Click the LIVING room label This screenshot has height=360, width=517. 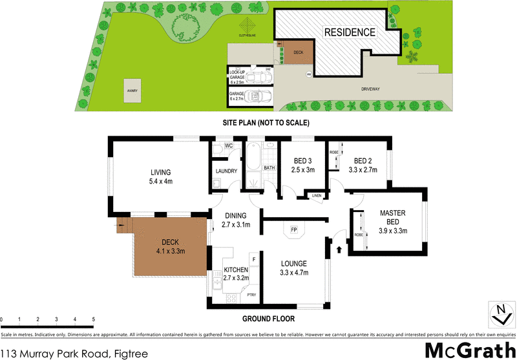[x=161, y=173]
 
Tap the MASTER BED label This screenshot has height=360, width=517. [x=392, y=217]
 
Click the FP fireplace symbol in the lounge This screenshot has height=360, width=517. [x=293, y=229]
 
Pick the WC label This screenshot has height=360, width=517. [x=228, y=146]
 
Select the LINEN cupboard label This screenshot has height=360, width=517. [x=316, y=195]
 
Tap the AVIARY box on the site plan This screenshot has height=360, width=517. [x=133, y=91]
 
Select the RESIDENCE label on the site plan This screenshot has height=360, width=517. [x=349, y=32]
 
